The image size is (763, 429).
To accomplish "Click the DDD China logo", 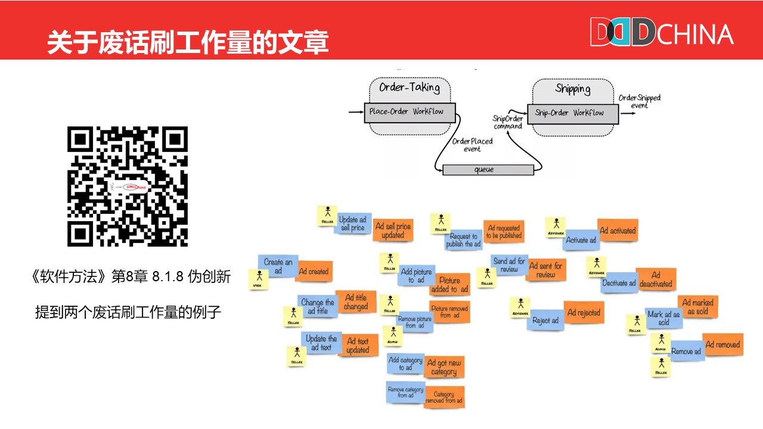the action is tap(661, 32).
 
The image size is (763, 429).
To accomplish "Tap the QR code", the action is tap(128, 186).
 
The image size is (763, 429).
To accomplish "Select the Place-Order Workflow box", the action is tap(410, 112).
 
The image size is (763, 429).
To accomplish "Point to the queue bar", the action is tap(488, 170).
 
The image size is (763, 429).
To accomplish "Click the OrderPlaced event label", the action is tap(472, 145).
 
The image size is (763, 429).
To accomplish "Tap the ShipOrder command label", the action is tap(508, 122).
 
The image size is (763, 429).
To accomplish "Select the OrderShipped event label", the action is tap(639, 101).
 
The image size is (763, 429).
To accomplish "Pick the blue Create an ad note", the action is tap(278, 266).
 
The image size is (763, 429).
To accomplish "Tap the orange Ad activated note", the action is tap(618, 231).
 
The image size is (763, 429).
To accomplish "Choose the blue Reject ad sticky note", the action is tap(545, 320).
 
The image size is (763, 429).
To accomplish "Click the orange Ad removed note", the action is tap(722, 345).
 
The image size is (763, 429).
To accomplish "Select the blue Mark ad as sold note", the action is tap(663, 318).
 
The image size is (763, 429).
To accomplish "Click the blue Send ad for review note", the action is tap(509, 265).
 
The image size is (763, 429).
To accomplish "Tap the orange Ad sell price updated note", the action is tap(393, 231).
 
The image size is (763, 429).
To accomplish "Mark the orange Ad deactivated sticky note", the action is tap(656, 279).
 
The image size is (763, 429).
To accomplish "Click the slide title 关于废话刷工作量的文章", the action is tap(188, 43).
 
